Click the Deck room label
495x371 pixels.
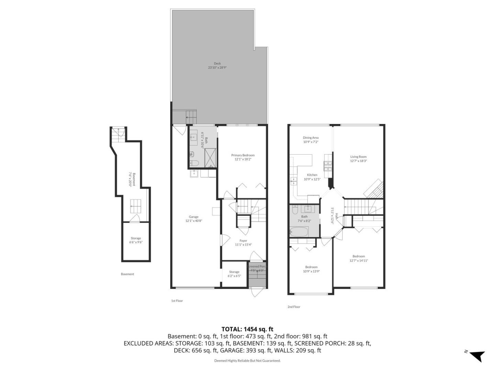[217, 63]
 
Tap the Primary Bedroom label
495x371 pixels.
[243, 155]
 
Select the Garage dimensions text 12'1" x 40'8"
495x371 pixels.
[194, 221]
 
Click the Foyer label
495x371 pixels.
[243, 241]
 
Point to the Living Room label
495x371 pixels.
[358, 157]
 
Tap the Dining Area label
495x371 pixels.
[310, 138]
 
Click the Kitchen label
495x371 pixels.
[312, 175]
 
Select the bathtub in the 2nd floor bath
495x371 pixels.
[299, 232]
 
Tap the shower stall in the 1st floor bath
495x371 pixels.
[210, 158]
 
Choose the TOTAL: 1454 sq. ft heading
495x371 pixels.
[247, 329]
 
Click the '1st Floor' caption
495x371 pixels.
[177, 301]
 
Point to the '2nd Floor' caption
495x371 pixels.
[294, 307]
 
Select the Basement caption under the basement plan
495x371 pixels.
[127, 274]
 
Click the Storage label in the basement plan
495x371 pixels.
[136, 238]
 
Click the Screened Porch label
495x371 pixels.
[257, 267]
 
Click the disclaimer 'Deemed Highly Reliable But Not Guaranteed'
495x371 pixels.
[247, 361]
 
